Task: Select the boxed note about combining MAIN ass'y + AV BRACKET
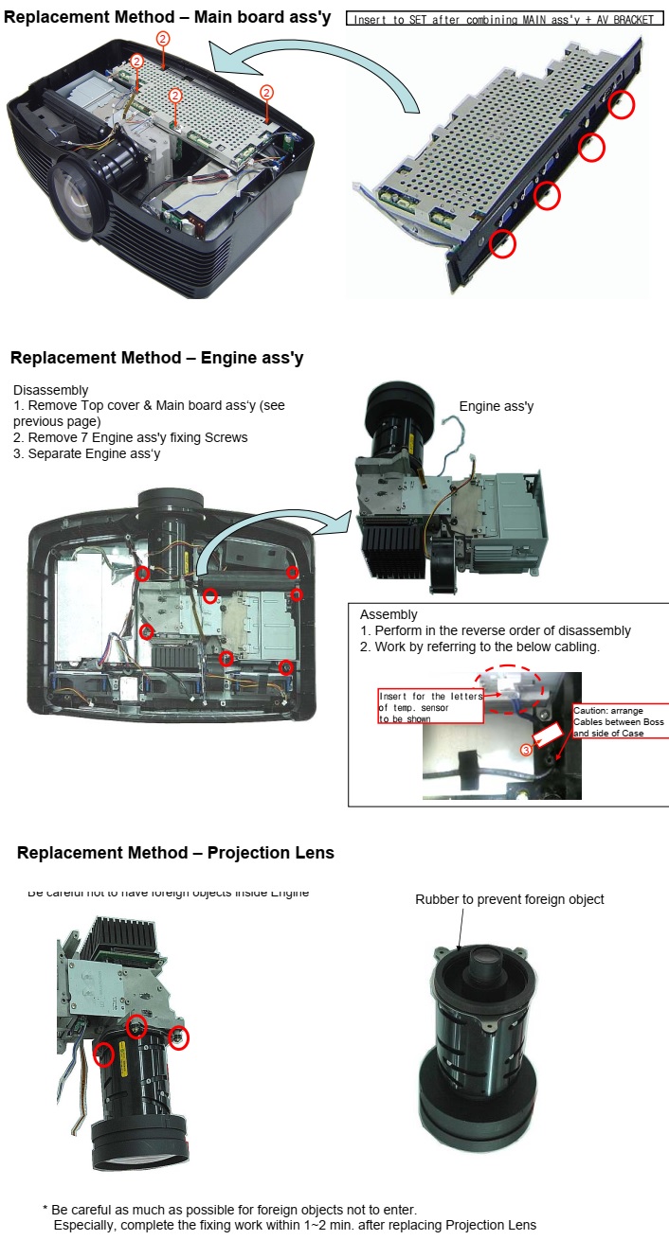click(x=504, y=19)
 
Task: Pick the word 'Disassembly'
click(x=51, y=390)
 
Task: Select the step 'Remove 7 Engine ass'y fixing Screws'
click(x=137, y=437)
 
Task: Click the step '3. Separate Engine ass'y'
click(x=87, y=453)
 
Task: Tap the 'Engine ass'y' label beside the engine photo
click(x=497, y=406)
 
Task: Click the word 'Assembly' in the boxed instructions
click(x=389, y=614)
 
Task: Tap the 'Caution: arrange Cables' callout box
click(x=620, y=720)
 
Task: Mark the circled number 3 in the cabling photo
click(x=526, y=750)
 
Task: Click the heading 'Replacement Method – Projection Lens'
click(x=175, y=853)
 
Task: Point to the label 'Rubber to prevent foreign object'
click(x=509, y=899)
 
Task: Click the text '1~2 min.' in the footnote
click(x=298, y=1225)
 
